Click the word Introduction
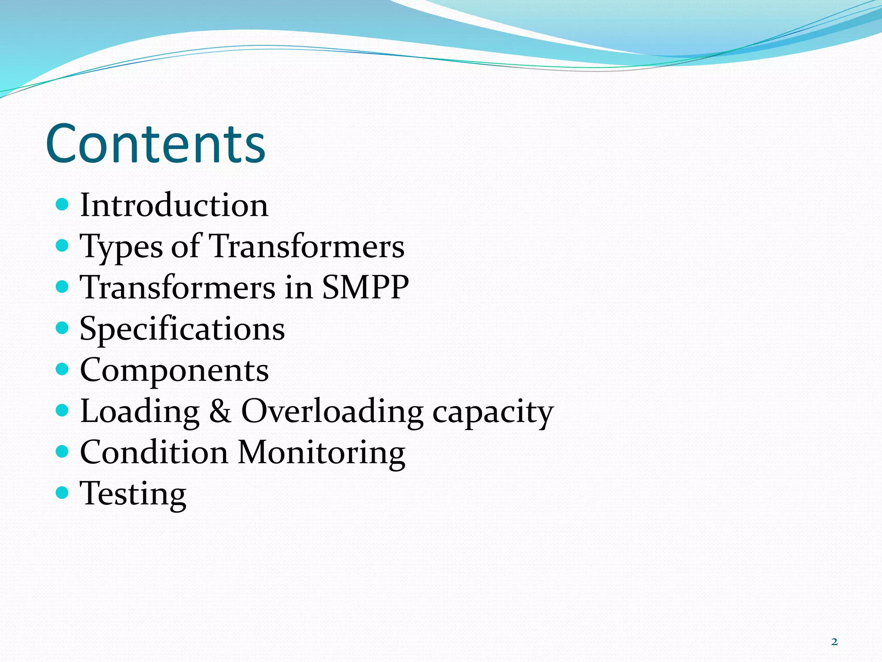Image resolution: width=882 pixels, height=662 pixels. tap(174, 205)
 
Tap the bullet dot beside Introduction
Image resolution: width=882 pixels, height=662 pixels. tap(62, 204)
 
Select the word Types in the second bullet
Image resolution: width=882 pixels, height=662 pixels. tap(121, 247)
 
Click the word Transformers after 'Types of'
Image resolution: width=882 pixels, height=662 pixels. tap(307, 246)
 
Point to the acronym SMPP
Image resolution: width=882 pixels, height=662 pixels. tap(365, 287)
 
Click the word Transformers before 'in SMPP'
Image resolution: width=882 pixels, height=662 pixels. tap(178, 287)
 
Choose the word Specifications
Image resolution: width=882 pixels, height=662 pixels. tap(182, 329)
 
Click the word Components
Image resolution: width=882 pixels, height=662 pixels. tap(174, 370)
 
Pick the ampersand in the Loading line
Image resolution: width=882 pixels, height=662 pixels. tap(220, 411)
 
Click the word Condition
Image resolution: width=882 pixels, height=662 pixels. tap(154, 453)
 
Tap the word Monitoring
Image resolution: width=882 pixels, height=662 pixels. tap(321, 453)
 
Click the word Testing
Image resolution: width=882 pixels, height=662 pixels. tap(133, 494)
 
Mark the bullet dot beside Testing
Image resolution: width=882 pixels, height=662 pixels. tap(62, 492)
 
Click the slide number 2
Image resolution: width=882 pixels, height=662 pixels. tap(834, 642)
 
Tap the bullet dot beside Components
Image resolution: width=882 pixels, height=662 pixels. tap(62, 369)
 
